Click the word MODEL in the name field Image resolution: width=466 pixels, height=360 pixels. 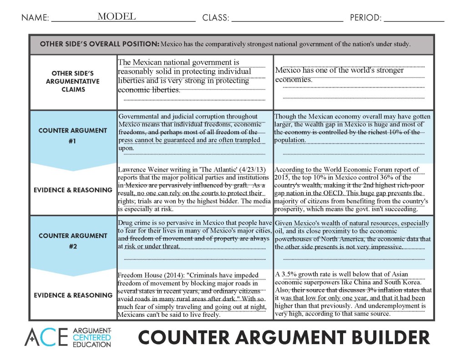(116, 17)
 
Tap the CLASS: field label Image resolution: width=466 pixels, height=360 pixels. (215, 18)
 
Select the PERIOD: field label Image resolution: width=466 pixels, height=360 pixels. (365, 18)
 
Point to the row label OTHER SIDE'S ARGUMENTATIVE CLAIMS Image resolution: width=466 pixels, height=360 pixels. (73, 81)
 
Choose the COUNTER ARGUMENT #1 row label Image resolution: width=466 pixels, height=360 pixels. (73, 135)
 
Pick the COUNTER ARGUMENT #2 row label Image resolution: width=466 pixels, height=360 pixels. (73, 241)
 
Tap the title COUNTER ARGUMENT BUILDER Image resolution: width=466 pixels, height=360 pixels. (284, 338)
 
